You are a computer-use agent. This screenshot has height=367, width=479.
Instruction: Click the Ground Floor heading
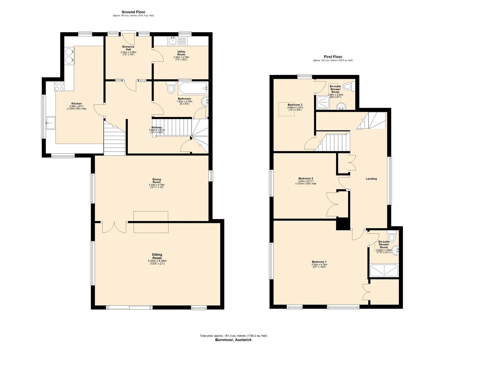[x=133, y=12]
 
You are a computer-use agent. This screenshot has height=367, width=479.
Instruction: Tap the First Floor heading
[x=333, y=57]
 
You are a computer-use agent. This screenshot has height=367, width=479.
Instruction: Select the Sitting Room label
[x=157, y=255]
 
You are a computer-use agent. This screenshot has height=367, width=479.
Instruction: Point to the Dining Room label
[x=157, y=181]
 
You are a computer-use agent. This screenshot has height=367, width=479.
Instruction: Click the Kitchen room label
[x=76, y=104]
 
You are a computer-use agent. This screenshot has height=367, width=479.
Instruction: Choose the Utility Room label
[x=181, y=53]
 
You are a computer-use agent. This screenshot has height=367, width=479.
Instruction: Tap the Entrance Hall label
[x=128, y=48]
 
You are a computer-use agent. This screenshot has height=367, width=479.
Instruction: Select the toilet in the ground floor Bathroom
[x=171, y=88]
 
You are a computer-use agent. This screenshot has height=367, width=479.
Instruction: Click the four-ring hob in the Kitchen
[x=59, y=86]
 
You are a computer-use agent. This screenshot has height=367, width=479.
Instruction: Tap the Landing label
[x=371, y=179]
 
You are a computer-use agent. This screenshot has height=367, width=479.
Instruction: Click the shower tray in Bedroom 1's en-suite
[x=384, y=270]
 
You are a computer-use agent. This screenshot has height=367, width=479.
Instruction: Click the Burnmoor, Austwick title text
[x=233, y=340]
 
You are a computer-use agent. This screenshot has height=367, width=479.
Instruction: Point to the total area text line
[x=233, y=336]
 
